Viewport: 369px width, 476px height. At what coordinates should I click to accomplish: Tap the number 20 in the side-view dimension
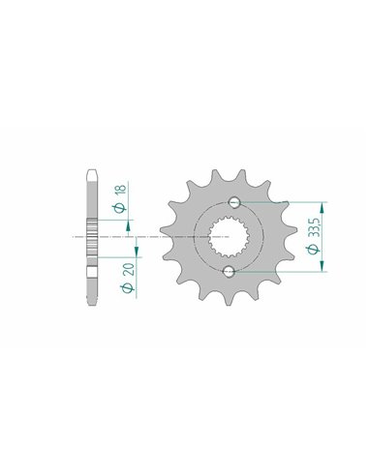(x=129, y=269)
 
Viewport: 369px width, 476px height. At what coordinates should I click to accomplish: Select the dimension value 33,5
(x=314, y=227)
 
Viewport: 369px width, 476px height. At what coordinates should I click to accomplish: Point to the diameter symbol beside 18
(x=119, y=208)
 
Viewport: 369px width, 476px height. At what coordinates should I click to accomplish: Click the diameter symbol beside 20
(x=128, y=288)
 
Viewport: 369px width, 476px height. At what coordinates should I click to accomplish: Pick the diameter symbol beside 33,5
(x=314, y=250)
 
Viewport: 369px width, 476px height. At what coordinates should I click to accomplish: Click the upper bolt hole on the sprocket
(x=234, y=202)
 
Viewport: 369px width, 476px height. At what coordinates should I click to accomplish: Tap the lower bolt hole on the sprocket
(x=229, y=271)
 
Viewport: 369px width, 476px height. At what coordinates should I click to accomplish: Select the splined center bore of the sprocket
(x=229, y=237)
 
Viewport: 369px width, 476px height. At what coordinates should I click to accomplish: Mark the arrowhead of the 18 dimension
(x=128, y=226)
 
